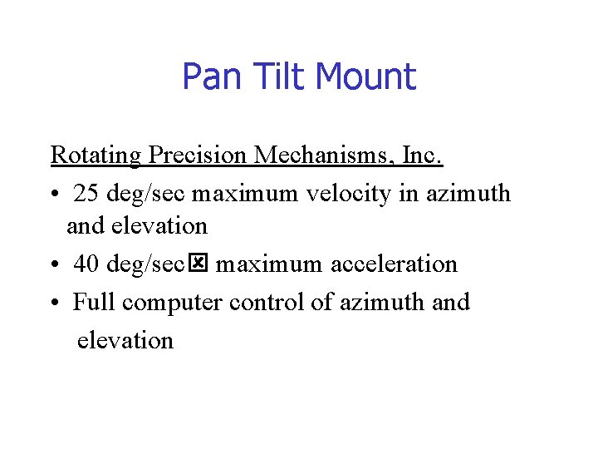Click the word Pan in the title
click(208, 77)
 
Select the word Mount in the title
click(365, 77)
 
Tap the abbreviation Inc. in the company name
click(424, 155)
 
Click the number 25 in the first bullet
click(86, 195)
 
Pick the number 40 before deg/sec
click(86, 264)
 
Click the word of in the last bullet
click(321, 302)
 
